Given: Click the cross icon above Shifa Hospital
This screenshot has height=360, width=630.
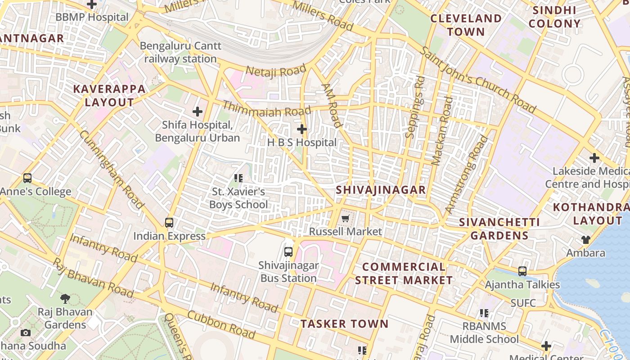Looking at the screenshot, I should click(197, 111).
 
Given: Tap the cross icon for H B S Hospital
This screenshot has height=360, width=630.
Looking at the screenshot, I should click(301, 130).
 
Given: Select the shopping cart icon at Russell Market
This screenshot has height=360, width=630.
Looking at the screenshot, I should click(345, 219).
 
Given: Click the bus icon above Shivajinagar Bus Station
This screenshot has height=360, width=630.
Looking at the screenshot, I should click(288, 252).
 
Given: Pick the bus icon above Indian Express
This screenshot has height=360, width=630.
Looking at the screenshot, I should click(169, 222).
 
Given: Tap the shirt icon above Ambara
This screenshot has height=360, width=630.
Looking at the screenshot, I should click(585, 239).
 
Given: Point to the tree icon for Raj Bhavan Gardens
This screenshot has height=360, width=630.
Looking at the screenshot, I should click(65, 298).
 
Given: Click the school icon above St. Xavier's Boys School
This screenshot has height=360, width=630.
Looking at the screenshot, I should click(238, 178).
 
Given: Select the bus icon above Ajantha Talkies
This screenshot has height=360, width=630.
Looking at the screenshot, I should click(522, 271).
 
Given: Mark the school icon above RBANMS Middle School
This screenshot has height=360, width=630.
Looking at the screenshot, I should click(484, 313).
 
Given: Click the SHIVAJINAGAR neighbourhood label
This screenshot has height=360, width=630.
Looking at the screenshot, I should click(381, 190).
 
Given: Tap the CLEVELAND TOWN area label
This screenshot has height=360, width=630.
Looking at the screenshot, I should click(466, 25).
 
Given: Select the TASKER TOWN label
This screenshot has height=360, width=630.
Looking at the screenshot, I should click(344, 324).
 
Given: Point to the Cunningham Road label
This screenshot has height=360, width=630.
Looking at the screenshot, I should click(112, 170).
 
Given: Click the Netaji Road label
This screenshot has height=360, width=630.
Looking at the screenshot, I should click(276, 71).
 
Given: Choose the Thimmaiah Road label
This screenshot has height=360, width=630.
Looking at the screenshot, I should click(267, 109).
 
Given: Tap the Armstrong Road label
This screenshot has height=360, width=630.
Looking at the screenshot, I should click(466, 175).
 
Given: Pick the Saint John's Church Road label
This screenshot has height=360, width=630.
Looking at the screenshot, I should click(478, 79).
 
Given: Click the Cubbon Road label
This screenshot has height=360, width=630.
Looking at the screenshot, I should click(221, 325).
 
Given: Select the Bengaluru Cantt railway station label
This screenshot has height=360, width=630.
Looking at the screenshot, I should click(180, 52).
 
